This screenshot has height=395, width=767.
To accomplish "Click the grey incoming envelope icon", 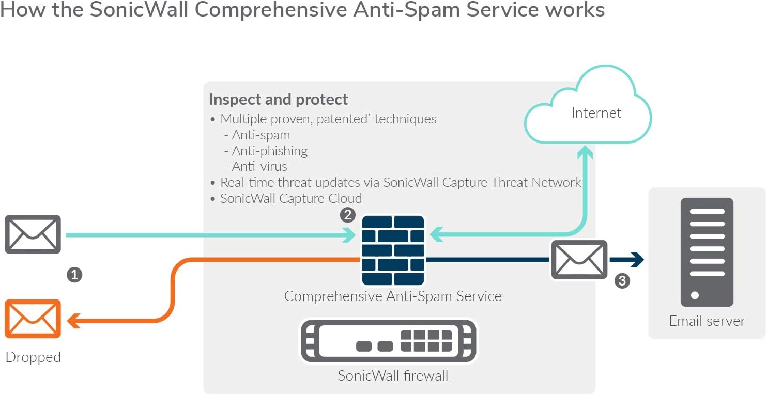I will coord(33,234).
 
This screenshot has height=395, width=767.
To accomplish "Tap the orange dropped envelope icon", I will coord(33,319).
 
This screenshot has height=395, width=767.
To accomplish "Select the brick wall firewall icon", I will coord(393,250).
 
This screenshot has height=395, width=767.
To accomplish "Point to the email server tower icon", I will coord(707,252).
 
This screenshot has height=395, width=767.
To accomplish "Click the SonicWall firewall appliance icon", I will coord(389,341).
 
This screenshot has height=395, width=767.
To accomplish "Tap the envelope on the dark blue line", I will coord(579,260).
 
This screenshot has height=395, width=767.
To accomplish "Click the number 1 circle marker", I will coord(74,275).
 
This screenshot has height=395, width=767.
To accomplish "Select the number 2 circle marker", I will coord(347,215).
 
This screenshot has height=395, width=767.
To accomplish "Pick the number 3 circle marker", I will coord(622,281).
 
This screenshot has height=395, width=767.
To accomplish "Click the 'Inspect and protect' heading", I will coord(279,99).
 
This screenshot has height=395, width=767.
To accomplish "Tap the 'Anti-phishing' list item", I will coord(269,151).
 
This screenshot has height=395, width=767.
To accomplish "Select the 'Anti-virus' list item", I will coord(259,167).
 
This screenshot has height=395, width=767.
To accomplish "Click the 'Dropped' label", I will coord(33,357).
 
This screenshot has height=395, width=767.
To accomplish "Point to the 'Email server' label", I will coord(707,321).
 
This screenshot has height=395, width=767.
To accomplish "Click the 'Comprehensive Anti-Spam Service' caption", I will coord(393,296).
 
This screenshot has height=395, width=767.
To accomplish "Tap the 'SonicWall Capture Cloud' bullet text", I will coord(290,198).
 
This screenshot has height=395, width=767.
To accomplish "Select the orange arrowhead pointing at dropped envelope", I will coord(73,321).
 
